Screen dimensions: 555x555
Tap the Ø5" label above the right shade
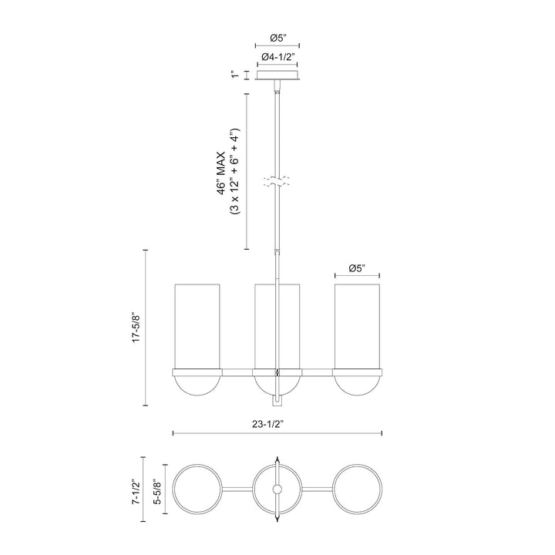coord(357,267)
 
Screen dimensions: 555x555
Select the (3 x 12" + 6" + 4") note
coord(236,171)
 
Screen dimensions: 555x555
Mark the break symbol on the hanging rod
coord(277,183)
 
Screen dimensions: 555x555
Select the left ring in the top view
coord(197,491)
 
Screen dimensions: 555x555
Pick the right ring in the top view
coord(357,491)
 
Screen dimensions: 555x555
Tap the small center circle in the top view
coord(277,491)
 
